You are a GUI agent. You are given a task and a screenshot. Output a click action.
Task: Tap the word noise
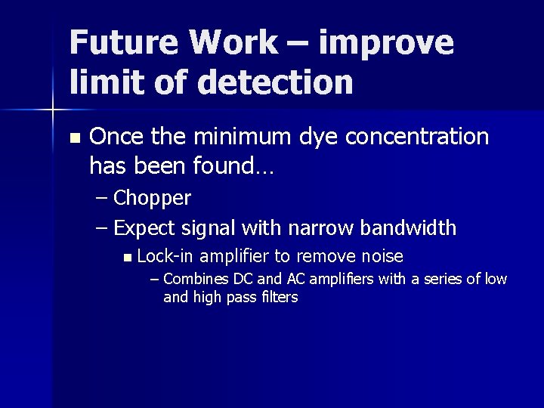pyautogui.click(x=382, y=257)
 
